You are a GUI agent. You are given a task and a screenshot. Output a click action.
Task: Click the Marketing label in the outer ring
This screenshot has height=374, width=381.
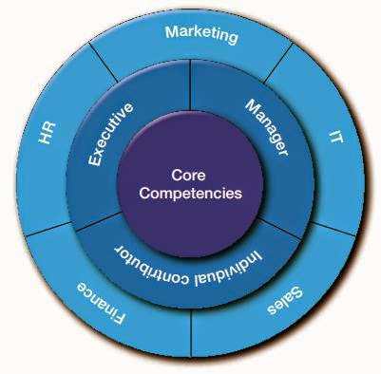point(200,34)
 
